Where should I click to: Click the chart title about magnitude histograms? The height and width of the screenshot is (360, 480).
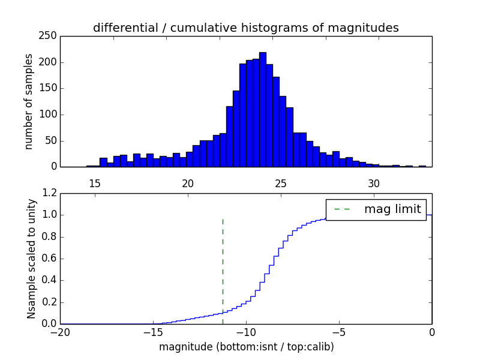point(245,28)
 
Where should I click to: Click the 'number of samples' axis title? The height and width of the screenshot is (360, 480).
point(29,101)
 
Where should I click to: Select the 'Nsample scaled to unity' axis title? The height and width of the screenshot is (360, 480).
point(31,259)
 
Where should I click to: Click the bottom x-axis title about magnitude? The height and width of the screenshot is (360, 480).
point(246,347)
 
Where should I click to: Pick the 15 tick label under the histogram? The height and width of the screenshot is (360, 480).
point(94,183)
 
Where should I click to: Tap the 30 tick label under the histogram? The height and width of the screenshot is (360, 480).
point(374,183)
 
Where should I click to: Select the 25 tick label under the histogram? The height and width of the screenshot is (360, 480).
point(281,183)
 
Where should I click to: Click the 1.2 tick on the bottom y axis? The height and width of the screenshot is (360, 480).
point(50,193)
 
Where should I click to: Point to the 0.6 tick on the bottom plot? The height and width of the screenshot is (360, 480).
point(50,259)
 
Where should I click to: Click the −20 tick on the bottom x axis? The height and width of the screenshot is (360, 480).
point(60,332)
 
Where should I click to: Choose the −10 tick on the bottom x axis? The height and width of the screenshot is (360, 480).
point(246,332)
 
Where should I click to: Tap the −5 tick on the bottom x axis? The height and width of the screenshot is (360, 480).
point(339,332)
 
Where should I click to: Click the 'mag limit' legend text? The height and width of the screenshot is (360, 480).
point(392,209)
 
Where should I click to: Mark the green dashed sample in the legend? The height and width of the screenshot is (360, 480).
point(342,209)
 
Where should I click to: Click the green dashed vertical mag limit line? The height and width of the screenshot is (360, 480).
point(223,264)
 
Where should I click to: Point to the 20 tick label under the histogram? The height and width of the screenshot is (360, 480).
point(188,183)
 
